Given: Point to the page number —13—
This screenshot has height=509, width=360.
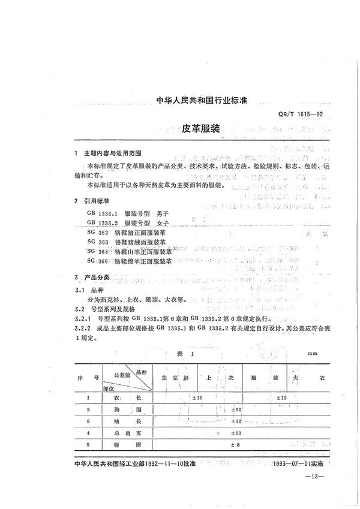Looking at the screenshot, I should point(314,477).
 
